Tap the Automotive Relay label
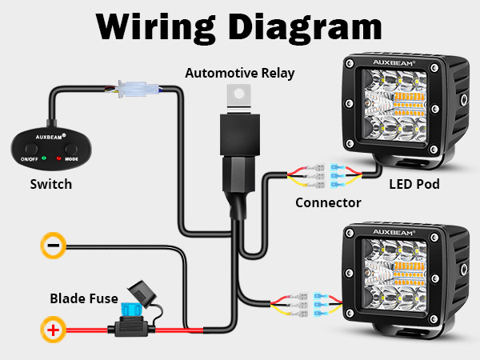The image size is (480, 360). point(240,73)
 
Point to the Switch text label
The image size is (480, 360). point(50,184)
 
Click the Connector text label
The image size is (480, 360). point(328,202)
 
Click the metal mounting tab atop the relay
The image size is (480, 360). point(238,95)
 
